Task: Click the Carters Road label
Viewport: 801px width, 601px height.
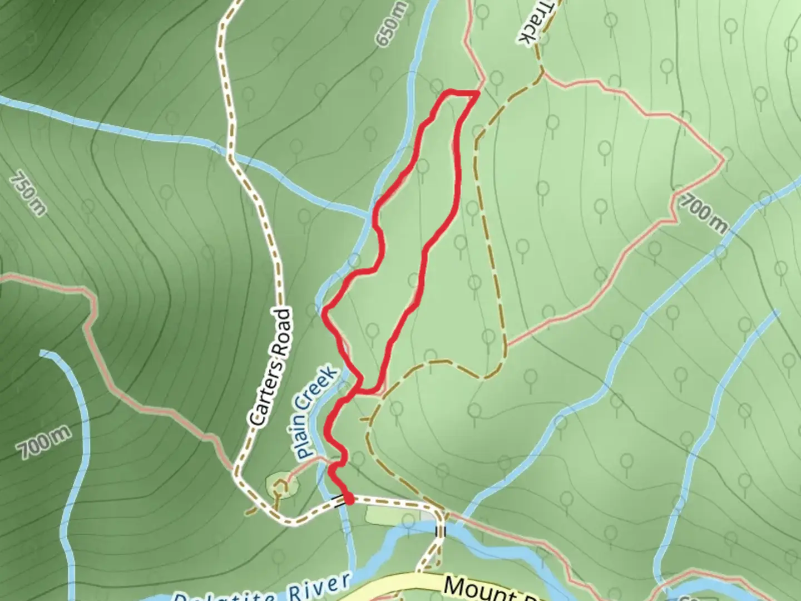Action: pyautogui.click(x=271, y=367)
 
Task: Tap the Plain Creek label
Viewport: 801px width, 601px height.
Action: pyautogui.click(x=318, y=412)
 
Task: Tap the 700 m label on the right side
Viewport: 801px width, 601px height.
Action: pyautogui.click(x=704, y=213)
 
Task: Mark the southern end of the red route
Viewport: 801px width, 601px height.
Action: pyautogui.click(x=349, y=500)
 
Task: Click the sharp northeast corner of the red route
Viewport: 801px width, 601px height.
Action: pyautogui.click(x=477, y=93)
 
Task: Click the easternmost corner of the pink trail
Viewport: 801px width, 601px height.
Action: pyautogui.click(x=724, y=160)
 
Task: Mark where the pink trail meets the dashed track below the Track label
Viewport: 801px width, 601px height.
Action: pyautogui.click(x=543, y=72)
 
